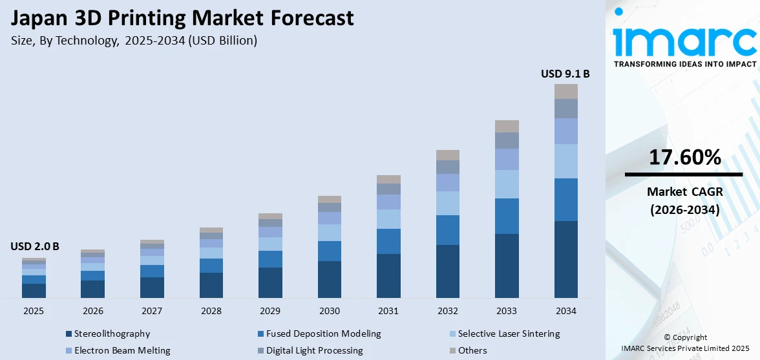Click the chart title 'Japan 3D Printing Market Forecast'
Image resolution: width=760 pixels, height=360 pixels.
[x=182, y=17]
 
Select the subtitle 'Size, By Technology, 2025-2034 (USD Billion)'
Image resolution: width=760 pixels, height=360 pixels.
[x=134, y=41]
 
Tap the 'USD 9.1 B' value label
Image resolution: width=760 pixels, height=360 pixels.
[x=565, y=74]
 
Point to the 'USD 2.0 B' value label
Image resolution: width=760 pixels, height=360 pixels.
[x=34, y=246]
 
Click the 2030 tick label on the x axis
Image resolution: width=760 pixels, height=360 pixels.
[x=330, y=311]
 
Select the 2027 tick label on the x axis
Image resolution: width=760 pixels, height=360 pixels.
[x=152, y=311]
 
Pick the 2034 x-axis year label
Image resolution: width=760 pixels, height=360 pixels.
[x=565, y=311]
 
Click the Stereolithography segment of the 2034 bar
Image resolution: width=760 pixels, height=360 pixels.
[x=565, y=259]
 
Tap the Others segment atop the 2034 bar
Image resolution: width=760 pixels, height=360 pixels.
[x=565, y=91]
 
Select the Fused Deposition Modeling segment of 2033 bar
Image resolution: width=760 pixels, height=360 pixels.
[x=507, y=216]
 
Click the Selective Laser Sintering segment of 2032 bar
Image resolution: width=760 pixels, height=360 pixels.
[x=447, y=203]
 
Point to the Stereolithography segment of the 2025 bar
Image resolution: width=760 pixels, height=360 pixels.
[x=34, y=291]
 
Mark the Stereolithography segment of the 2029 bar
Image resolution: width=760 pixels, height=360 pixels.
[x=270, y=282]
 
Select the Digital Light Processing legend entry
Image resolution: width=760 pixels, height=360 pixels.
[x=311, y=351]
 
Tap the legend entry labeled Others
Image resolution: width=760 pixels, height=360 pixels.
[x=472, y=351]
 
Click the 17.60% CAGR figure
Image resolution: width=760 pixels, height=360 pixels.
[x=684, y=157]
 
